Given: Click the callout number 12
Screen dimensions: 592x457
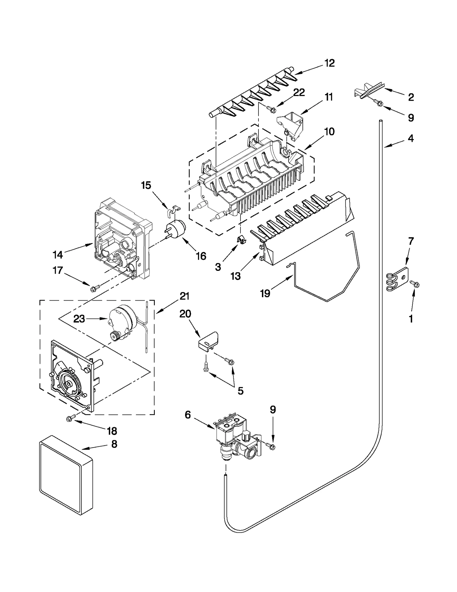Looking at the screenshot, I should point(330,63).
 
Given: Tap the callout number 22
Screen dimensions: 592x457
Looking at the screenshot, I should point(299,92).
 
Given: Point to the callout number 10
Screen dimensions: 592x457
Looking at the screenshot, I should point(329,132).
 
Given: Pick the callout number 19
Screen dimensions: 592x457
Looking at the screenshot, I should point(265,293).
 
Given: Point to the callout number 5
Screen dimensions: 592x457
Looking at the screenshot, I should point(240,391).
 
